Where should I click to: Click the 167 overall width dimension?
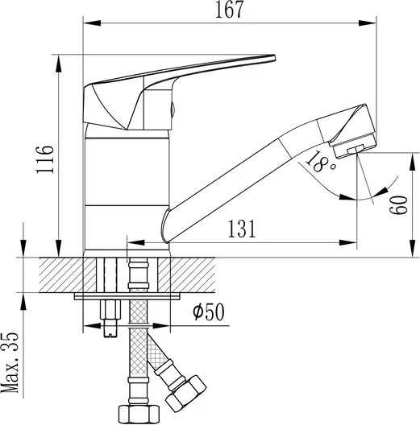230,10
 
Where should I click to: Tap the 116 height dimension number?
45,159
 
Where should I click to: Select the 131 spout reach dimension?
241,229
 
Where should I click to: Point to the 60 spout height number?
398,205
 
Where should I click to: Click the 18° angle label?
321,162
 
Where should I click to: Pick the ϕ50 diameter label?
209,312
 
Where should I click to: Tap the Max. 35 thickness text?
10,362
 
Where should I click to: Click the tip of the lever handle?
274,57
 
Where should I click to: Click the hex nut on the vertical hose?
139,415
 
